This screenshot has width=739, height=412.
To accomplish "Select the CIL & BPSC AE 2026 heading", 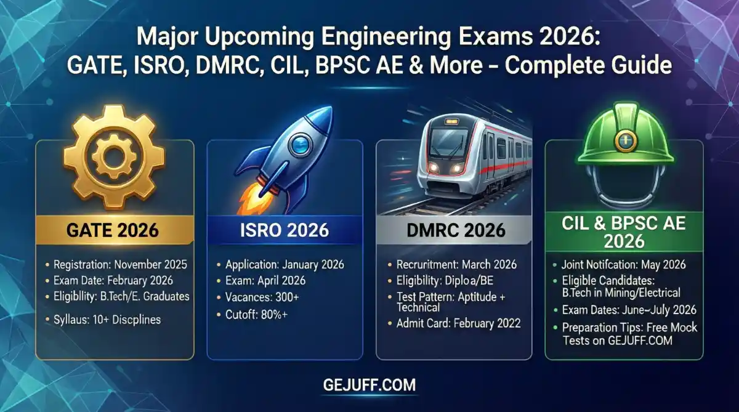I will [x=624, y=231].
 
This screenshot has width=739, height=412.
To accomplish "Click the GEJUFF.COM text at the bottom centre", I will [x=369, y=386].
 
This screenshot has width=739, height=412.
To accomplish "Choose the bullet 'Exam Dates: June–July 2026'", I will [x=628, y=310].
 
